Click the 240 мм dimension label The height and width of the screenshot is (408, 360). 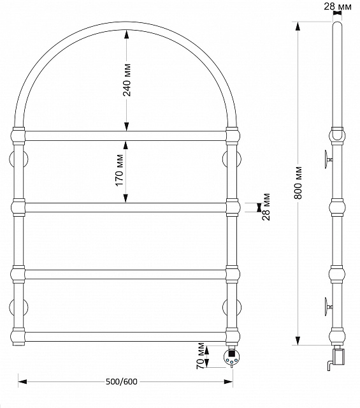tap(127, 80)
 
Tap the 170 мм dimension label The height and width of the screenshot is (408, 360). tap(119, 170)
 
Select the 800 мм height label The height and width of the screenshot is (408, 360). tap(298, 183)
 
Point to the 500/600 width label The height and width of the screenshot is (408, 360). tap(122, 381)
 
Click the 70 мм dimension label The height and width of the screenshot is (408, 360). tap(200, 356)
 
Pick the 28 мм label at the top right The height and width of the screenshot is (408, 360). tap(337, 6)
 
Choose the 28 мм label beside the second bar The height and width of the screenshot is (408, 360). tap(266, 207)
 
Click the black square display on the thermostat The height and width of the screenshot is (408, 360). tap(231, 353)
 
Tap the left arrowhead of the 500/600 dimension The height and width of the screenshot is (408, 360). tap(22, 382)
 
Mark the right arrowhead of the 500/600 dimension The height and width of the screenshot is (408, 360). tap(228, 382)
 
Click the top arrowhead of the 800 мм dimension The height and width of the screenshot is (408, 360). tap(298, 26)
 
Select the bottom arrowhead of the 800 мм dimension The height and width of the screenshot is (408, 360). tap(298, 341)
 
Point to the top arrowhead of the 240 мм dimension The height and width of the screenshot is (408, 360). tap(126, 35)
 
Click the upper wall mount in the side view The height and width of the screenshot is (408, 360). tap(328, 159)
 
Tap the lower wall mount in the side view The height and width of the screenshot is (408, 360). tap(328, 307)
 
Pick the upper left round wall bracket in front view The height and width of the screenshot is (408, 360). tap(18, 159)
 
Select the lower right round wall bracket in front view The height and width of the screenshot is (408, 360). tap(232, 307)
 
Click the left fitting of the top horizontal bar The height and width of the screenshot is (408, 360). tap(18, 136)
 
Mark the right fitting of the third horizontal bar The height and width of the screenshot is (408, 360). tap(233, 274)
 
